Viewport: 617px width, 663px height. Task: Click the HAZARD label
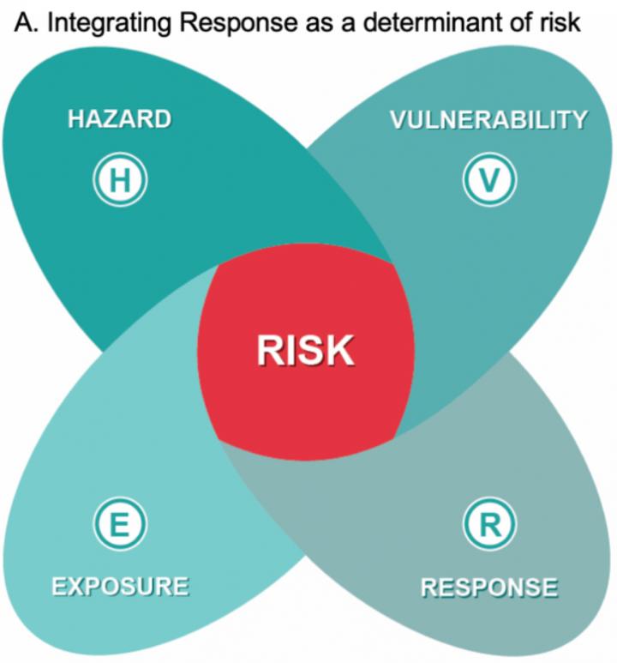click(x=119, y=119)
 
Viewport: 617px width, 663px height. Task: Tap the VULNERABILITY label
click(x=488, y=119)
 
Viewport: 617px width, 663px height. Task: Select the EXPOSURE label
click(x=120, y=587)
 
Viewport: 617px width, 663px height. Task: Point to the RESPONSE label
click(x=489, y=588)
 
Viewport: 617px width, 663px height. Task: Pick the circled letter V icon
click(x=488, y=180)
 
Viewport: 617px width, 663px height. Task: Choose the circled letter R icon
click(x=488, y=525)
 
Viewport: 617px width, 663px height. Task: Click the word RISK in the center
click(x=306, y=351)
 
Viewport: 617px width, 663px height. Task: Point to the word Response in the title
click(x=229, y=23)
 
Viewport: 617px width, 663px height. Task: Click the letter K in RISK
click(x=339, y=351)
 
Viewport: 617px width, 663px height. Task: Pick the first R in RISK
click(x=270, y=351)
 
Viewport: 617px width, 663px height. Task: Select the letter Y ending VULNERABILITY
click(x=579, y=119)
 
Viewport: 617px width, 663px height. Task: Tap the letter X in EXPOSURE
click(x=73, y=587)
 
